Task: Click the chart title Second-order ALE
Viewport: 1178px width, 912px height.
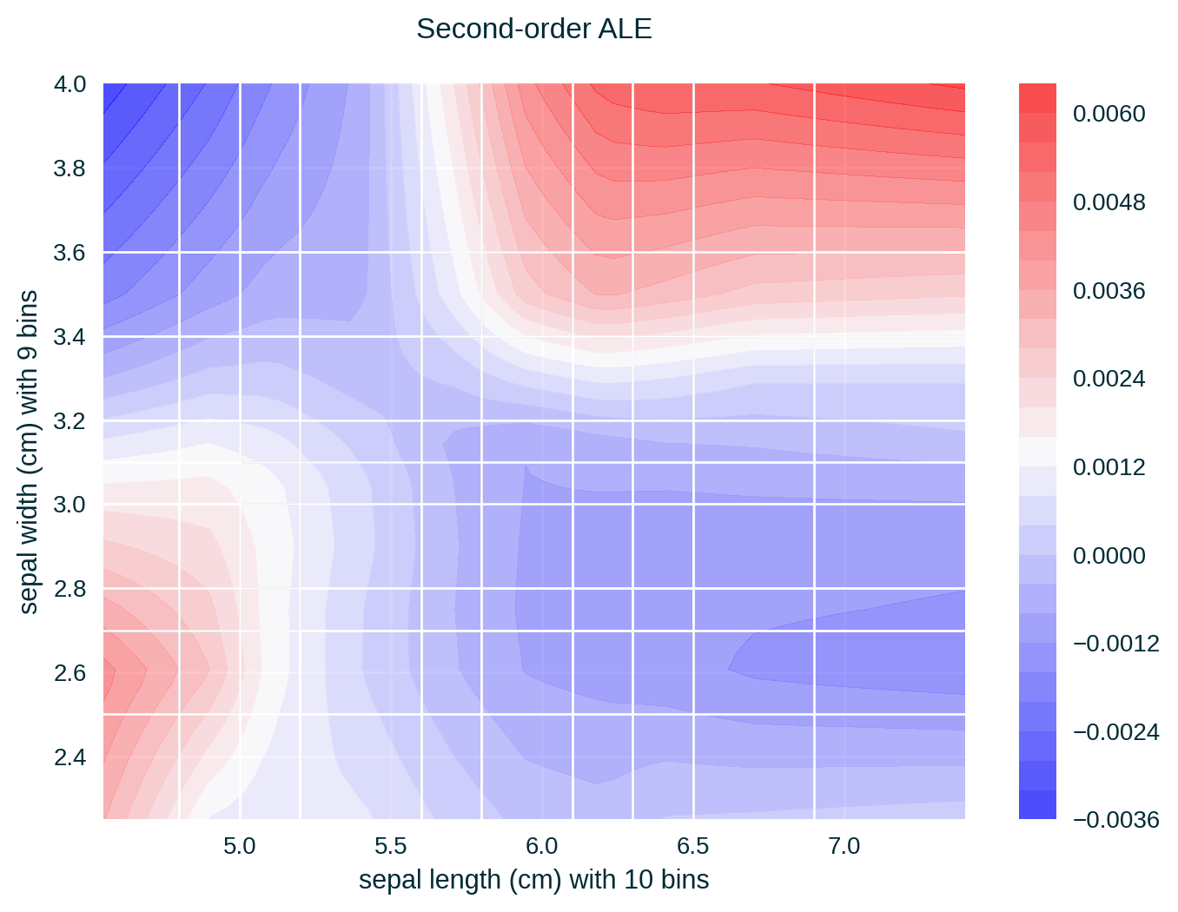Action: [x=533, y=30]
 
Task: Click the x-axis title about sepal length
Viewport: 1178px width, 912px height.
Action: [x=533, y=880]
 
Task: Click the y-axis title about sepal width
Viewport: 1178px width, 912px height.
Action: [x=29, y=452]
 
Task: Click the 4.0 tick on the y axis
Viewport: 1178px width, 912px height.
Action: [x=69, y=84]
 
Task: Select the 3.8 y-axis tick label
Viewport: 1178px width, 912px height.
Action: [x=69, y=169]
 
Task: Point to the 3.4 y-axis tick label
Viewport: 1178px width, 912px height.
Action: [x=69, y=337]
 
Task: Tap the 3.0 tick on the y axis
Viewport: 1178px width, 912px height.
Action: [x=69, y=505]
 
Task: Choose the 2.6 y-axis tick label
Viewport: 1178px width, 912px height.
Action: [x=69, y=673]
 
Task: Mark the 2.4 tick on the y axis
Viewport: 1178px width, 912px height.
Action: [x=69, y=757]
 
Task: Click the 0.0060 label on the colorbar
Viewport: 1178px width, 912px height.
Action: [x=1109, y=114]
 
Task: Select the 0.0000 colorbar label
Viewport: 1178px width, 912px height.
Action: [x=1109, y=555]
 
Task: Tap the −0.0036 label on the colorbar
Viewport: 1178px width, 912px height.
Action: [x=1115, y=820]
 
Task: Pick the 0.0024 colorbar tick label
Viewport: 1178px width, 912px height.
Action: [x=1109, y=379]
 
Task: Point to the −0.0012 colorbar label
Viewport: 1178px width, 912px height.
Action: [x=1115, y=644]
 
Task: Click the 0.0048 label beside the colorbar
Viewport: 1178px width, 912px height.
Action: [x=1109, y=202]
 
